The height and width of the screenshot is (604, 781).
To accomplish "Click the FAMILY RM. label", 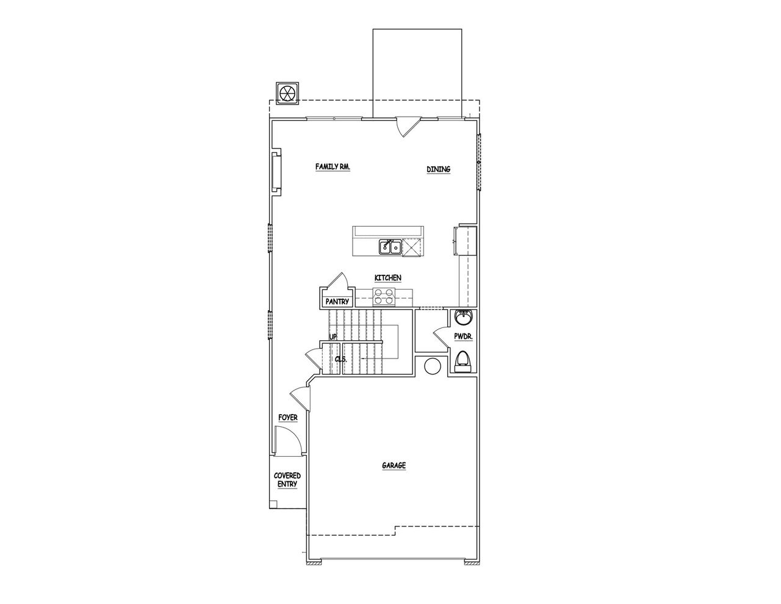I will point(333,167).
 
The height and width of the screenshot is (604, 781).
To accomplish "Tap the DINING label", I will point(438,170).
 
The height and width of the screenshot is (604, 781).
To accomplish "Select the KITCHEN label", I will point(387,278).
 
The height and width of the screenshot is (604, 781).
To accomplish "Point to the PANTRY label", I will point(337,301).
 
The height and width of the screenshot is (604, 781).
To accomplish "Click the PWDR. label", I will point(462,337).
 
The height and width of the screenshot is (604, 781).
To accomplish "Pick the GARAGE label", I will point(394,465).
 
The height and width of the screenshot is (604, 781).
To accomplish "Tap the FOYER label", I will point(288,418).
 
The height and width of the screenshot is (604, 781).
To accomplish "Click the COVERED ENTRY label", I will point(287,479).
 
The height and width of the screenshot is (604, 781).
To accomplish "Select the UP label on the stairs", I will point(333,337).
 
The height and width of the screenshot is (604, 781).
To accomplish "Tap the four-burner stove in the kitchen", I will point(384,297).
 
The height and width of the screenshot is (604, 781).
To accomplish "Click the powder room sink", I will point(463,318).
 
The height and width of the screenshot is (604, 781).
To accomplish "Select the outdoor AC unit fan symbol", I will point(287,93).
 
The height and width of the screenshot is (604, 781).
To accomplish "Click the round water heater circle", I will point(432,366).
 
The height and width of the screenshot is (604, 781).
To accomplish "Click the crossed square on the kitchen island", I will point(414,247).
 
